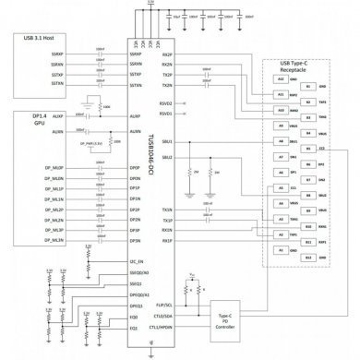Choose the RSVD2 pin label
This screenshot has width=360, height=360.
[x=166, y=103]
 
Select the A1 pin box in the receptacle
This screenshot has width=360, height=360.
[x=281, y=248]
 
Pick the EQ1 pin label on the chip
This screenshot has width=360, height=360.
[x=134, y=328]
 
